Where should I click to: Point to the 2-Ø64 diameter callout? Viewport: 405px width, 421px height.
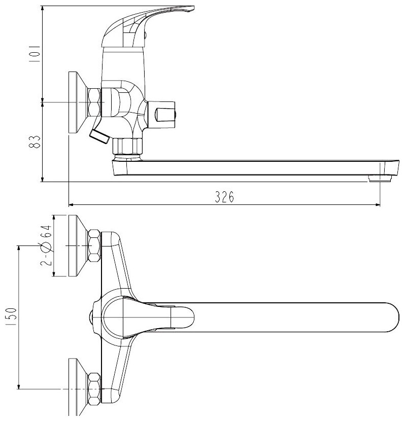[x=46, y=245]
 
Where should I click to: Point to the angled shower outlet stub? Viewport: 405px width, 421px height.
[x=99, y=135]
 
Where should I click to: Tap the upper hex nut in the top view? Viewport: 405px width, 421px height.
[x=94, y=246]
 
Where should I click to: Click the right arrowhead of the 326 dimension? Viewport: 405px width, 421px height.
[x=378, y=205]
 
